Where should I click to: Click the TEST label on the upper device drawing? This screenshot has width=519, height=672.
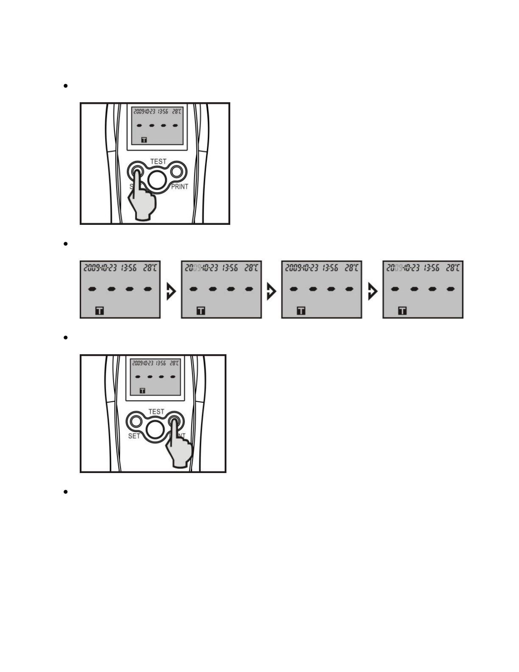coord(158,162)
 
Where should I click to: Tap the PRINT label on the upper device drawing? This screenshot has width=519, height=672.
coord(179,187)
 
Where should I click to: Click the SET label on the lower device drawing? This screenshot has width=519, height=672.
coord(134,436)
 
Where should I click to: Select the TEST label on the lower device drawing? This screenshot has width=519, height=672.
coord(156,412)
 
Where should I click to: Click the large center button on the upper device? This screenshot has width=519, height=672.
coord(157,180)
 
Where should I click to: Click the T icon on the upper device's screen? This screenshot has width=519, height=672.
coord(144,140)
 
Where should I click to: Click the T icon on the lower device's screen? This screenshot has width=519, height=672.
coord(142,390)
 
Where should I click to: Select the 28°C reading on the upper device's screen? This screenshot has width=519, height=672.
coord(176,111)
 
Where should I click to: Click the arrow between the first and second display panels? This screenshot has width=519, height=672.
coord(171,292)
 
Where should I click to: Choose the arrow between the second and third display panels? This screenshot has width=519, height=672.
coord(271,292)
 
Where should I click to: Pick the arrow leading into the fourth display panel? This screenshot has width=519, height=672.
coord(372,292)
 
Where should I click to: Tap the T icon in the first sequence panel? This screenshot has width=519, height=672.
coord(99,311)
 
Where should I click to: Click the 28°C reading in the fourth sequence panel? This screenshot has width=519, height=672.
coord(452,268)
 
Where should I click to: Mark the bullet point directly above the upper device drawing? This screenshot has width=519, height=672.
coord(65,86)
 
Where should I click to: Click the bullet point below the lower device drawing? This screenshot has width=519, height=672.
coord(65,492)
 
